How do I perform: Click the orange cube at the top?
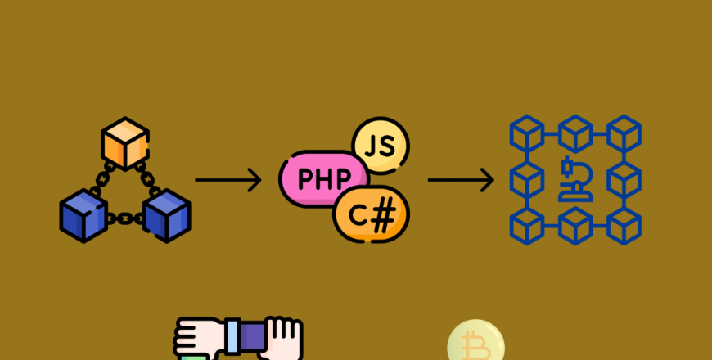pos(125,143)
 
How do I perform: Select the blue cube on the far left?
pos(83,216)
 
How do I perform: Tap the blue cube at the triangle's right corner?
pos(167,216)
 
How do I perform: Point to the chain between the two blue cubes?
pos(125,219)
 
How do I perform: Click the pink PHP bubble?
pos(323,179)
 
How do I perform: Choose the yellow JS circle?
pos(381,146)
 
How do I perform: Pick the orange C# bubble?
pos(372,214)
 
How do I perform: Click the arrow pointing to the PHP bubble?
pos(228,180)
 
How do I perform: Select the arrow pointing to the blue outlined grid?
pos(461,180)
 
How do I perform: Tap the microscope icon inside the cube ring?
pos(576,179)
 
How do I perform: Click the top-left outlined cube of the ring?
pos(527,134)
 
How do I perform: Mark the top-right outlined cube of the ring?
pos(624,134)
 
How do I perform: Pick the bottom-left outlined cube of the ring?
pos(527,226)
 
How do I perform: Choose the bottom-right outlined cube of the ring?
pos(624,226)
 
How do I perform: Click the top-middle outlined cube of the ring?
pos(575,134)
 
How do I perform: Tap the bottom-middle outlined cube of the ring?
pos(575,226)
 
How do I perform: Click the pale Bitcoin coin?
pos(475,340)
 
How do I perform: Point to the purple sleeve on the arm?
pos(252,336)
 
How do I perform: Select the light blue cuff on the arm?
pos(232,336)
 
